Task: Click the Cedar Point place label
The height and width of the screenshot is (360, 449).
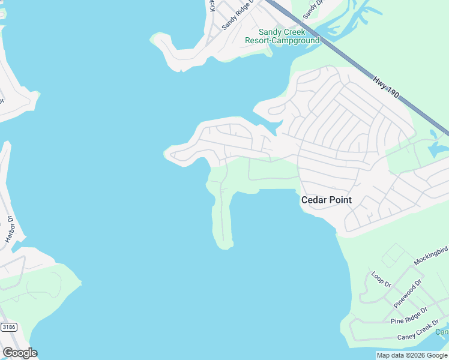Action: tap(326, 200)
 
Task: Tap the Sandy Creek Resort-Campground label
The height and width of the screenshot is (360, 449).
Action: tap(282, 36)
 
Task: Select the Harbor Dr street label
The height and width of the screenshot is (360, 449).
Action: tap(9, 228)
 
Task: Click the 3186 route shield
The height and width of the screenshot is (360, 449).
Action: tap(8, 327)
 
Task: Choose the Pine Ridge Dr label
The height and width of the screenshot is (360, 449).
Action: tap(409, 316)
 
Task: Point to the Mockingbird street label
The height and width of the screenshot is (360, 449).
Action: tap(431, 256)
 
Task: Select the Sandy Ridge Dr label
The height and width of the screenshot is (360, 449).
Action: tap(238, 15)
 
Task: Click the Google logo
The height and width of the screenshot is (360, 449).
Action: tap(20, 353)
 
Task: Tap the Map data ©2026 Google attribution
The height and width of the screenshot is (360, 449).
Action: tap(412, 355)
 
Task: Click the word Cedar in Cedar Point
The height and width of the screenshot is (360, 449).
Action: tap(313, 200)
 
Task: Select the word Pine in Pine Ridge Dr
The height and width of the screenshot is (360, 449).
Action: tap(397, 321)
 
